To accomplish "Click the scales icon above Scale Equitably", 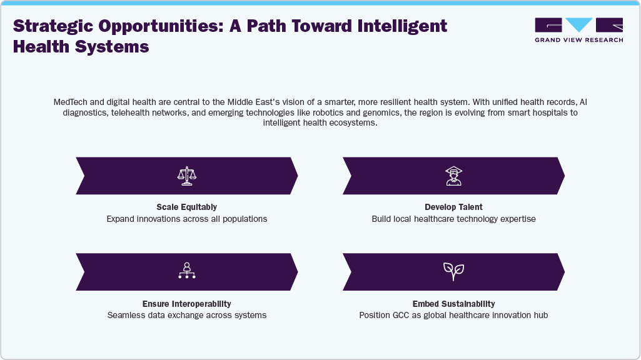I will point(187,176).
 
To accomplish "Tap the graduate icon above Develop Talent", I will point(453,176).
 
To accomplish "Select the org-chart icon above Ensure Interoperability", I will point(187,271).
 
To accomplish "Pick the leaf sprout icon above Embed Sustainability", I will point(453,271).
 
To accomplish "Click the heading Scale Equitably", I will point(186,207).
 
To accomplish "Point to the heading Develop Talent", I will point(453,207).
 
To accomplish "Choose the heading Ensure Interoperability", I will point(187,303).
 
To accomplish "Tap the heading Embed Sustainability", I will point(453,303).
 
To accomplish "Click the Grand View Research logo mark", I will point(578,25).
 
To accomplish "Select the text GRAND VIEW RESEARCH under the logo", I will point(578,40).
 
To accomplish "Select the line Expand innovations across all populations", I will point(186,219).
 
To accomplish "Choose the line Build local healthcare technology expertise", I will point(453,219).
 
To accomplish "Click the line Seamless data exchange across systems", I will point(187,315).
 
